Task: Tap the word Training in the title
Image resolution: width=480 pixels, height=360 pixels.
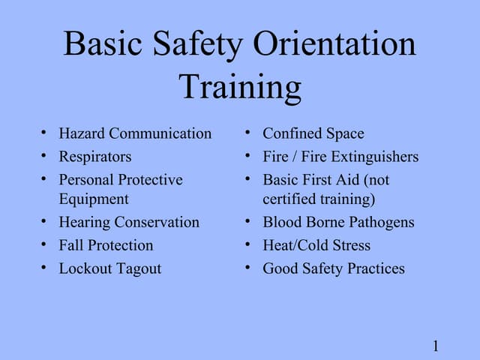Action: pos(240,87)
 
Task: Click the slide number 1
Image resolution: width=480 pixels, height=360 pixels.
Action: pos(435,346)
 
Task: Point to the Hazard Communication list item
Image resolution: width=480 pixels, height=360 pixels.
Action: pos(135,133)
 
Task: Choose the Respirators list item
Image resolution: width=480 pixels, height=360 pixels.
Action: pos(95,157)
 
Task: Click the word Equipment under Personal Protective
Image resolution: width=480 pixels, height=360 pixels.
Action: pos(94,199)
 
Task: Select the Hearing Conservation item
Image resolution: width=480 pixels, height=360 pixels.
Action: pos(129,222)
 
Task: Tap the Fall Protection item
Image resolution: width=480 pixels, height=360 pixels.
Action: pos(106,245)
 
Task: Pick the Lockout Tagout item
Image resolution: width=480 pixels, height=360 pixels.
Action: pos(110,268)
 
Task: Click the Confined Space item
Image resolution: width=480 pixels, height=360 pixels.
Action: pos(313,133)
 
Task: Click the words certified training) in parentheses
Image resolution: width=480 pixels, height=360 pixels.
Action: pos(319,199)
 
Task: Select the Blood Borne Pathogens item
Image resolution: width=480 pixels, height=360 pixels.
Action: pos(338,222)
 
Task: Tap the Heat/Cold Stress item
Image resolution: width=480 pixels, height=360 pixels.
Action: pos(316,245)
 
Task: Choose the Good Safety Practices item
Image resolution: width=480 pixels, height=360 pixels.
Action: pos(333,268)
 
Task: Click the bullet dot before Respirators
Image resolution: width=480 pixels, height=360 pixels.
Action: pos(44,157)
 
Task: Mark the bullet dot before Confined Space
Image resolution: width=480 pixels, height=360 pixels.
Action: pos(247,133)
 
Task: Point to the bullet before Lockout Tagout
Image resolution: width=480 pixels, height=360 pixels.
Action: pos(44,268)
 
